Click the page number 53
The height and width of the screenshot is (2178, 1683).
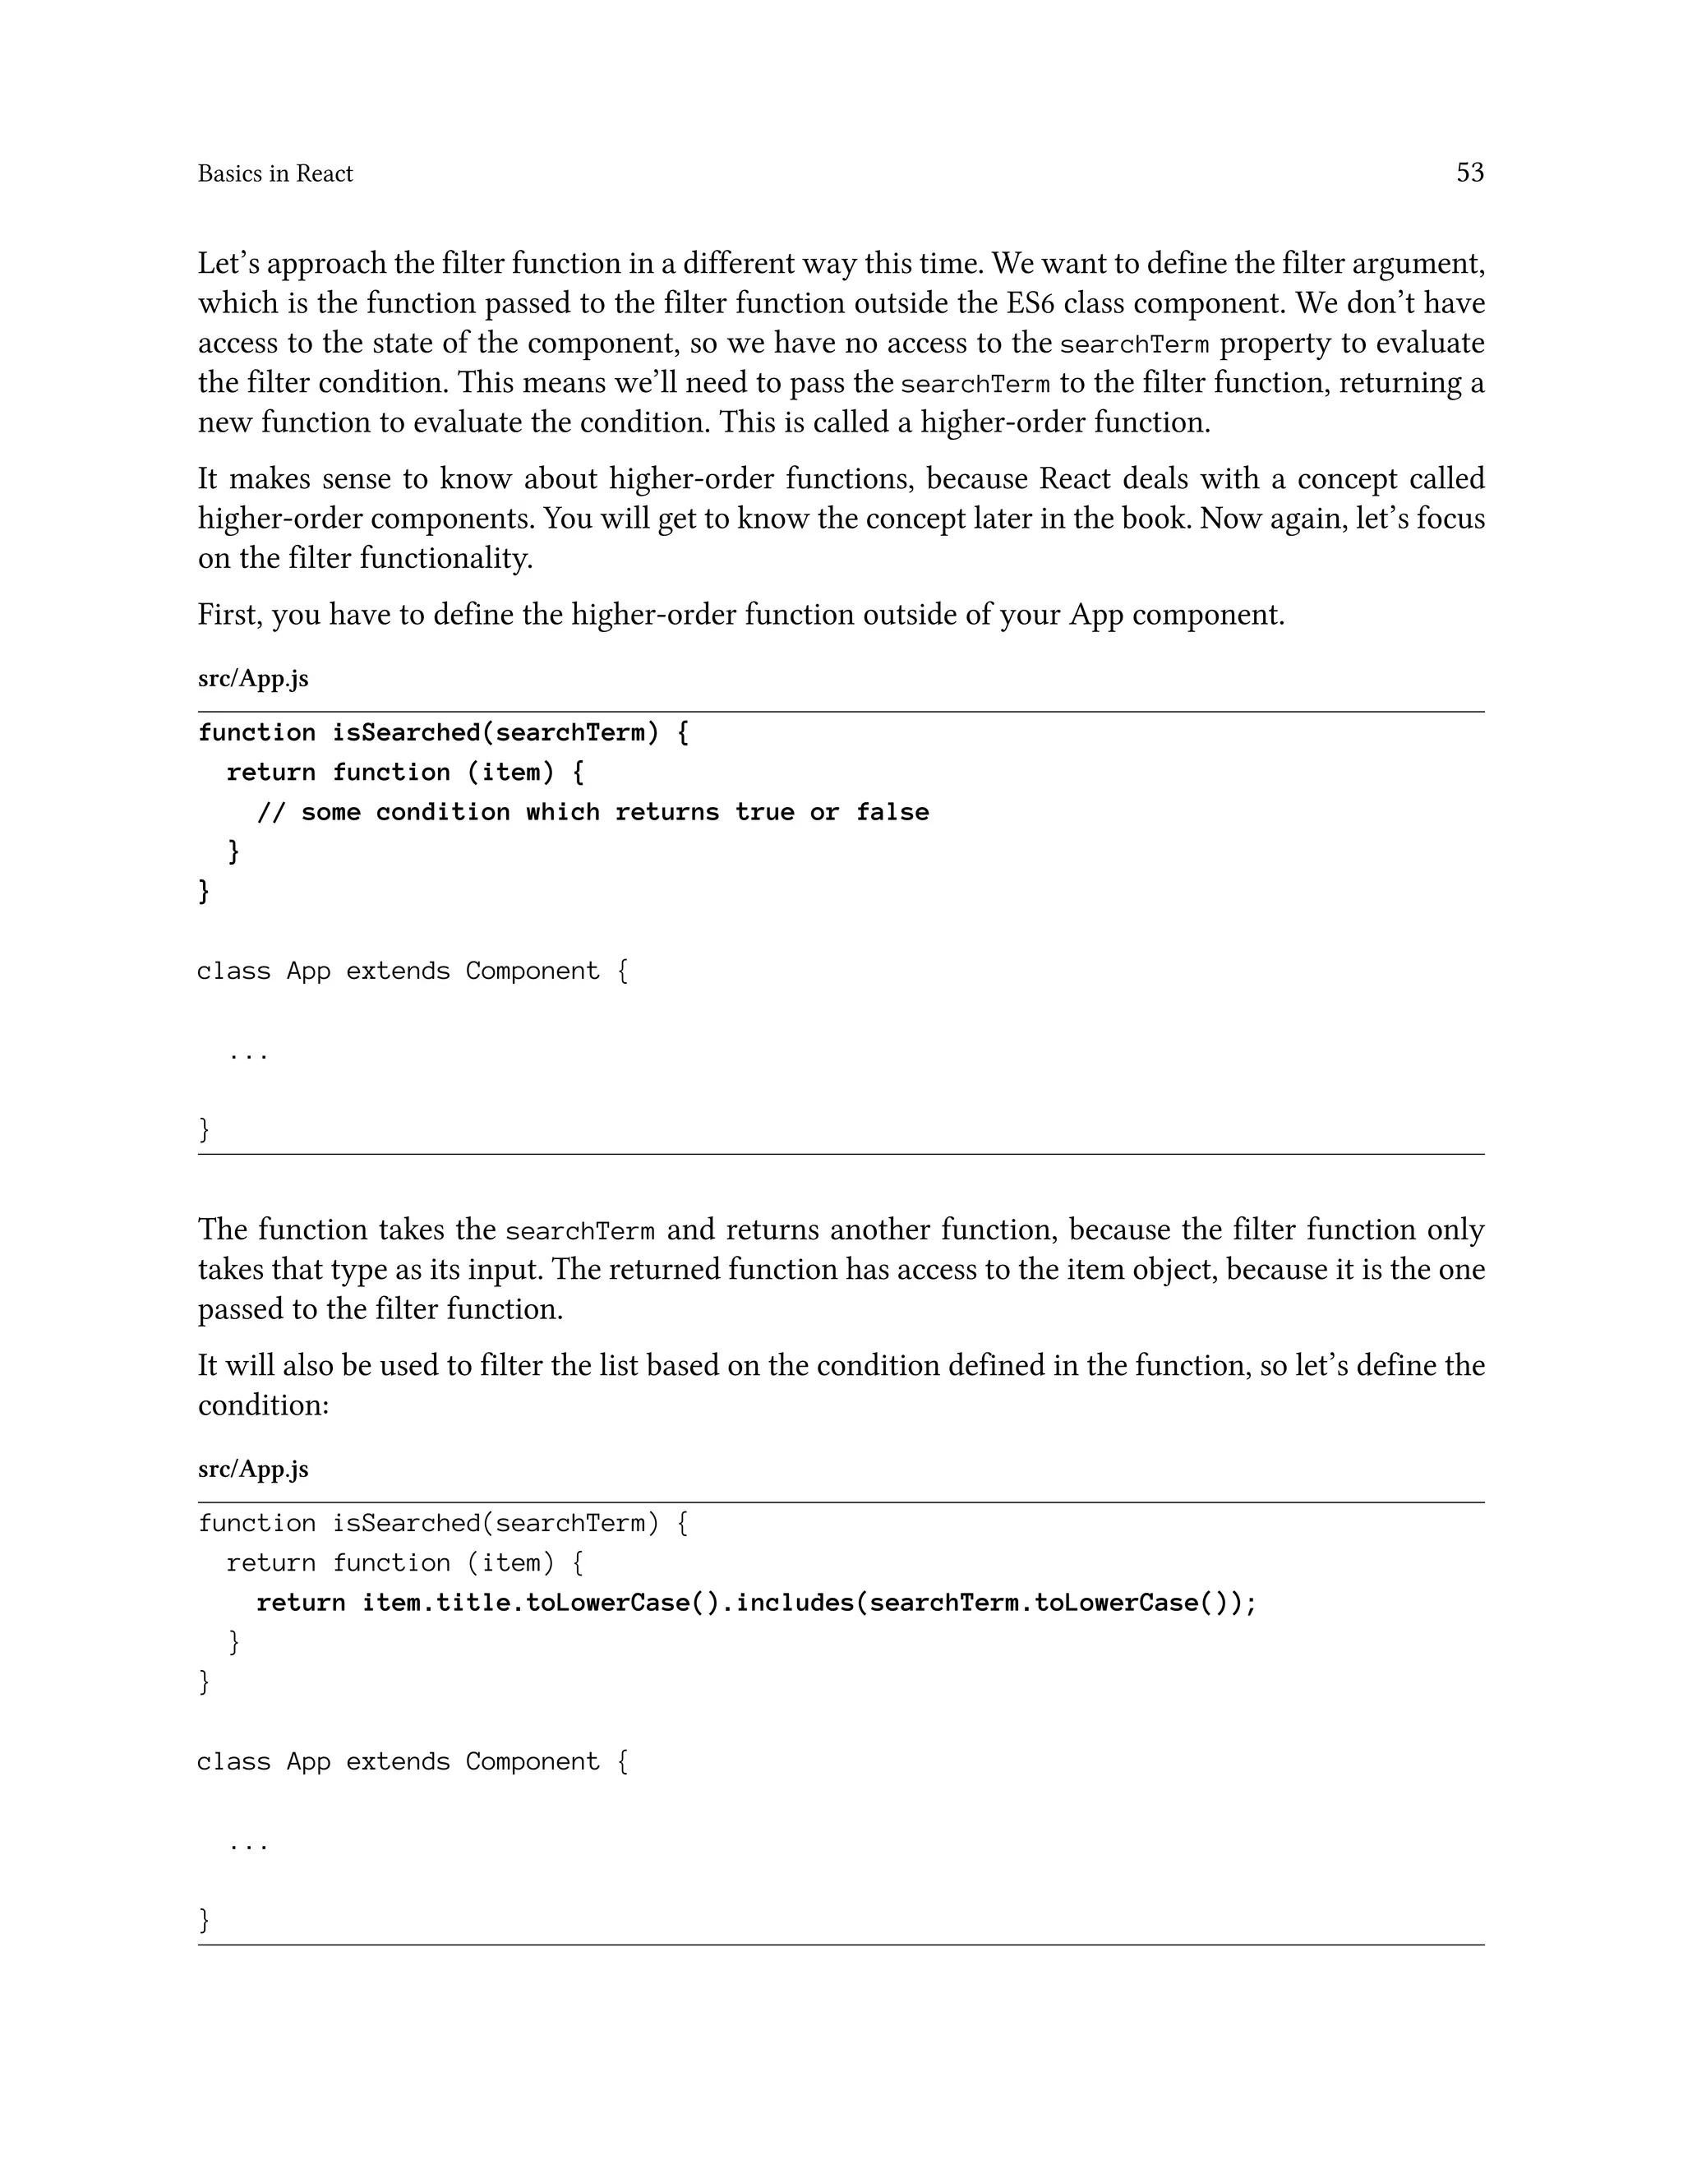[x=1469, y=173]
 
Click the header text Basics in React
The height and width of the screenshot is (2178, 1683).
[x=275, y=173]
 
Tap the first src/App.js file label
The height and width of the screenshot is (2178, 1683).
[x=253, y=678]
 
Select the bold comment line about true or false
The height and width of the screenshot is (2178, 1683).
[x=593, y=812]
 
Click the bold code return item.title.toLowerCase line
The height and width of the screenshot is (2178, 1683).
[x=756, y=1603]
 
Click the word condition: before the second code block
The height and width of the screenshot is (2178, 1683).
[x=263, y=1405]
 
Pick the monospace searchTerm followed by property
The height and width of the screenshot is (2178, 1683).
[x=1133, y=345]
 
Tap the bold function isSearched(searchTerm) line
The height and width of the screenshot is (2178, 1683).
[x=443, y=733]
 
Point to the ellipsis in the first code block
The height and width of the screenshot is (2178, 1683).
[x=248, y=1054]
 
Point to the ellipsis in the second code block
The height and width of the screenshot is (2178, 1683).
[x=248, y=1845]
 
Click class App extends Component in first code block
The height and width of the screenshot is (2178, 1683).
[x=412, y=971]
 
